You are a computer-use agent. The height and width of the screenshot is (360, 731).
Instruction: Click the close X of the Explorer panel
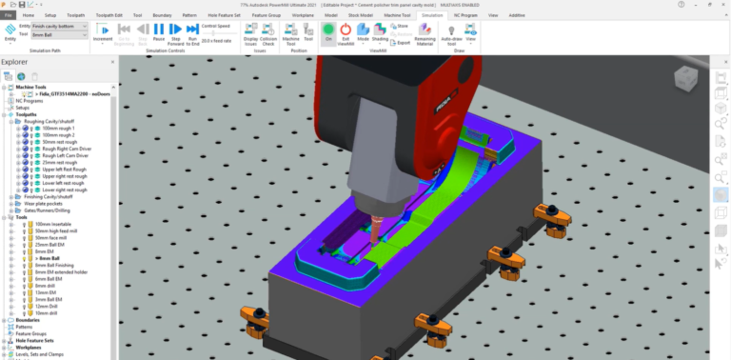(x=107, y=62)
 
